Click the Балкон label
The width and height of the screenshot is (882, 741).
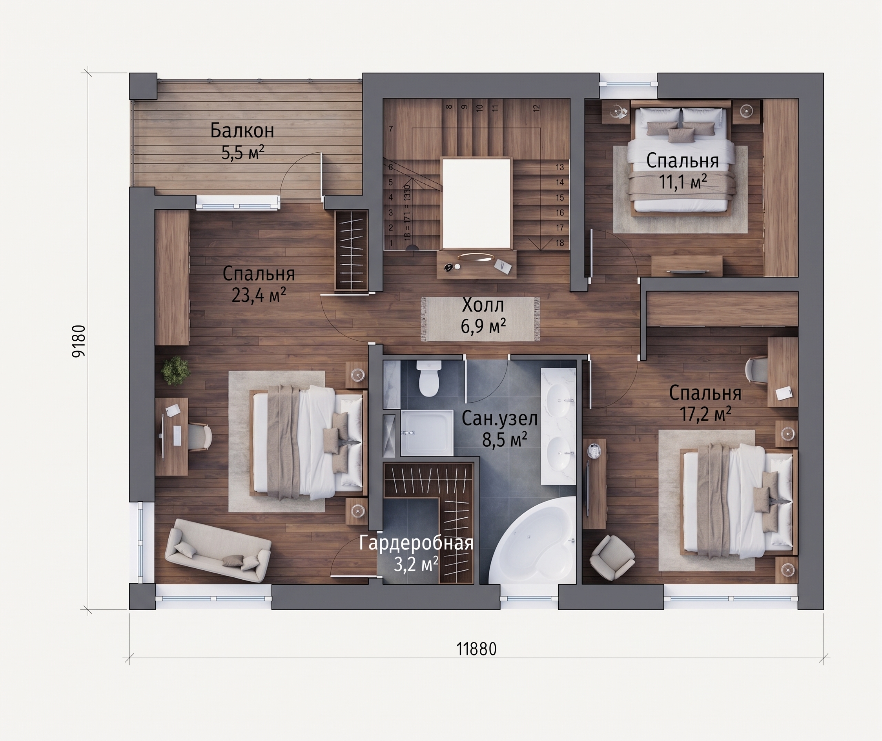click(242, 131)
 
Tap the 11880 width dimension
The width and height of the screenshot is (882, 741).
click(476, 649)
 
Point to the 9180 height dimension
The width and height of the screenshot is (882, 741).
click(79, 341)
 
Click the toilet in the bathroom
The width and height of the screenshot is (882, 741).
click(428, 378)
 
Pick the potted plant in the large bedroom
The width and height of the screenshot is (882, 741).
click(175, 370)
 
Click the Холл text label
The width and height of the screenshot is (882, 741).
click(483, 305)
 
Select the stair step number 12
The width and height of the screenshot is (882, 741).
click(536, 108)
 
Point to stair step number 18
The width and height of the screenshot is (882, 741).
click(559, 243)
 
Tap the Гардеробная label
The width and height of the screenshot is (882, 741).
click(416, 543)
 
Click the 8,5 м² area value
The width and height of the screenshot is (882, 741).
click(505, 440)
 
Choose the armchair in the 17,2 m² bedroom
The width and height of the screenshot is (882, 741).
click(612, 558)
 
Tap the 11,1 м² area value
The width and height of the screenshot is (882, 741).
click(683, 182)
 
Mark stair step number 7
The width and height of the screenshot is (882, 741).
click(391, 129)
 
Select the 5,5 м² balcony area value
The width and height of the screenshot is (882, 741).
click(243, 153)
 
